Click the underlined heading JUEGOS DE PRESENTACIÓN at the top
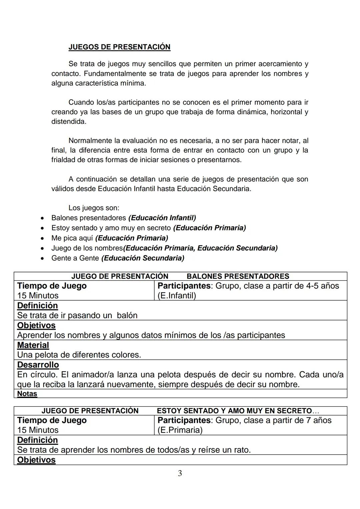click(x=119, y=47)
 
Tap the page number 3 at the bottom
click(x=180, y=473)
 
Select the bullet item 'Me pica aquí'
click(x=73, y=238)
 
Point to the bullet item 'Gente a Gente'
click(x=75, y=258)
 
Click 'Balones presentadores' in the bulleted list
click(x=89, y=218)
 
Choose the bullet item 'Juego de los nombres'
click(x=87, y=248)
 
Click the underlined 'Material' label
click(x=33, y=345)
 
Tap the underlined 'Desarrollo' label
click(x=38, y=365)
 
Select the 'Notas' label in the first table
click(x=27, y=394)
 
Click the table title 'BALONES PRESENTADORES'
click(x=238, y=276)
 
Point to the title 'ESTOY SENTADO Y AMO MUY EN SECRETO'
click(x=234, y=411)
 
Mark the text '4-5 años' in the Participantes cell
click(x=322, y=286)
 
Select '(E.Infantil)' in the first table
click(x=177, y=296)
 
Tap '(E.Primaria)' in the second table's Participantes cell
click(x=180, y=430)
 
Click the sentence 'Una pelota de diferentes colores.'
click(x=79, y=355)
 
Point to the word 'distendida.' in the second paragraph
click(x=69, y=122)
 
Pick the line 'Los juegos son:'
click(x=94, y=208)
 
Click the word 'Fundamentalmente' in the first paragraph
click(x=115, y=73)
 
